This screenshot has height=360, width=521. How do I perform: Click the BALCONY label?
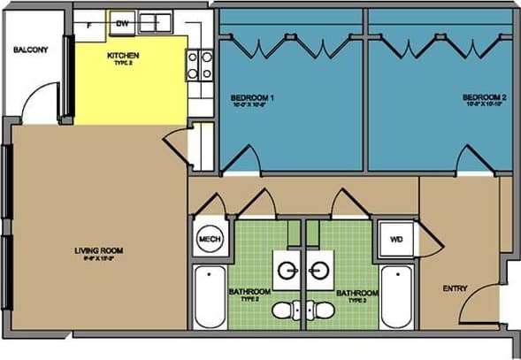click(31, 49)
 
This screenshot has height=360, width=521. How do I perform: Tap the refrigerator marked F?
click(89, 24)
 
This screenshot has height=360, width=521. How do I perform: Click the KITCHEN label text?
click(122, 57)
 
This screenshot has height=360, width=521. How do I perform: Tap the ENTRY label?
click(456, 288)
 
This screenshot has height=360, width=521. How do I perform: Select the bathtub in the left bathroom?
click(209, 295)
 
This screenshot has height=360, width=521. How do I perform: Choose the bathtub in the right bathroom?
click(396, 295)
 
